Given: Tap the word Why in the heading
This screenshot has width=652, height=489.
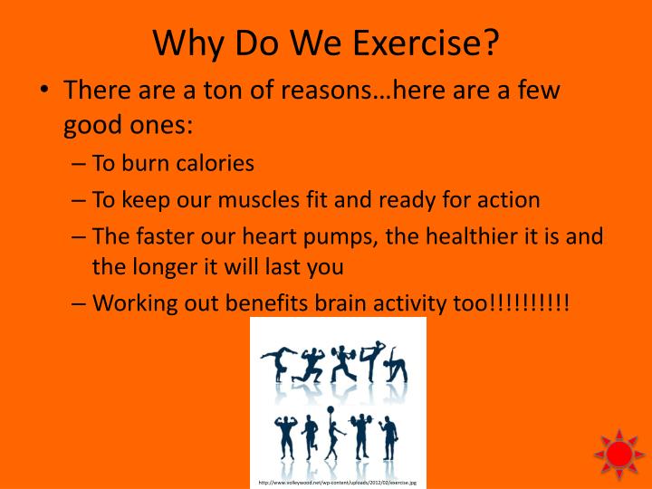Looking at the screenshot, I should pos(187,42).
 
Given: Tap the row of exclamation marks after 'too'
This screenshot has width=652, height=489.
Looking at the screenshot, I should pos(529,302).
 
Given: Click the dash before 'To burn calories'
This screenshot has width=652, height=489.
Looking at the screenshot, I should pos(79,165).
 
